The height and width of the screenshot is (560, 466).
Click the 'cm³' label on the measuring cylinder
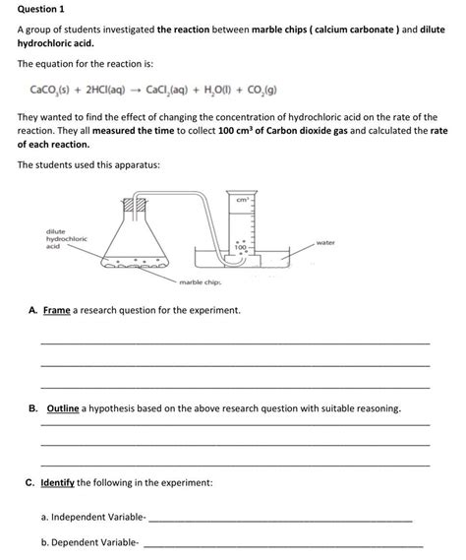coord(242,200)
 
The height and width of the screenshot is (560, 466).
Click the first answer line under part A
coord(235,342)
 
